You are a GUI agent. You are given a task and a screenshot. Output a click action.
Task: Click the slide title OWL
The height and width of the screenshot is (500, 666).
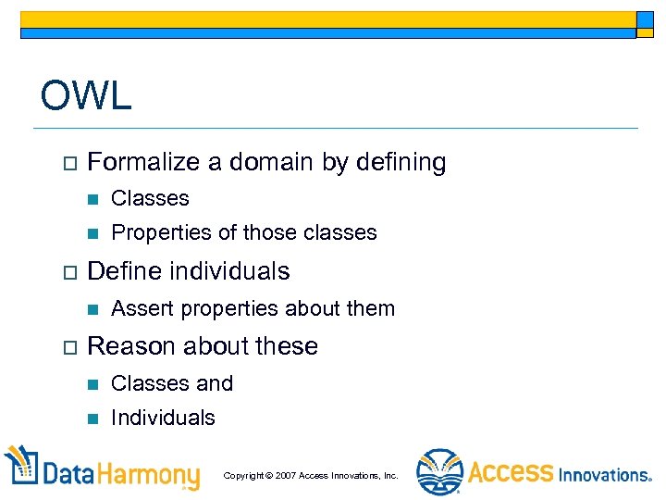click(x=86, y=95)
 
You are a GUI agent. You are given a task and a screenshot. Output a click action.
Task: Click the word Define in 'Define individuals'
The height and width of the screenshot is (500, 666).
click(x=120, y=271)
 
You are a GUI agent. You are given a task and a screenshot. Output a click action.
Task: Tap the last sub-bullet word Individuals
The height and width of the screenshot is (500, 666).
click(x=163, y=418)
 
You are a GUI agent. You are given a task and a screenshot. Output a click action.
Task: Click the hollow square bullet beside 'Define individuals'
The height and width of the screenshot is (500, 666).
click(x=64, y=272)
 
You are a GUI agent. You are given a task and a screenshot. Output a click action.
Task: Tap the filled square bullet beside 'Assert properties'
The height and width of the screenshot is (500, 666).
click(x=90, y=309)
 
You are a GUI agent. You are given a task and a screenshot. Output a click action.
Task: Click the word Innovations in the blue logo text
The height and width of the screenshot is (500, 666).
click(x=605, y=475)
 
